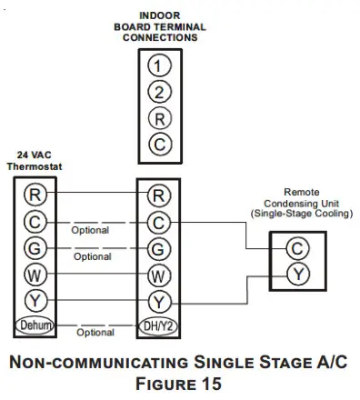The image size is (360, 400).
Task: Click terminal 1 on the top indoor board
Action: [x=160, y=65]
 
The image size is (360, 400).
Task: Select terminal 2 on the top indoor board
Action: [x=160, y=91]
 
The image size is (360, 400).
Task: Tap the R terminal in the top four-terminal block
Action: [x=160, y=117]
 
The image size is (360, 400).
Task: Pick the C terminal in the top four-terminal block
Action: [x=160, y=143]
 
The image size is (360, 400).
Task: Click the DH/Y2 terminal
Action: [x=159, y=325]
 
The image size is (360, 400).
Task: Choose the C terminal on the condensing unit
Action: [x=295, y=247]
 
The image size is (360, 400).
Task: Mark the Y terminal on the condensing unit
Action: [x=295, y=273]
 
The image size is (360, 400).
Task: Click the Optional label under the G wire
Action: [x=93, y=257]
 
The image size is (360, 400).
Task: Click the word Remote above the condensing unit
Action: [x=301, y=192]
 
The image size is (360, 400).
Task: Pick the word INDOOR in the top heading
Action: [x=160, y=15]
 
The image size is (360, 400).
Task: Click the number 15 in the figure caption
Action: [x=215, y=383]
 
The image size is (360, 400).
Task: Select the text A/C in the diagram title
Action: [x=329, y=362]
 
